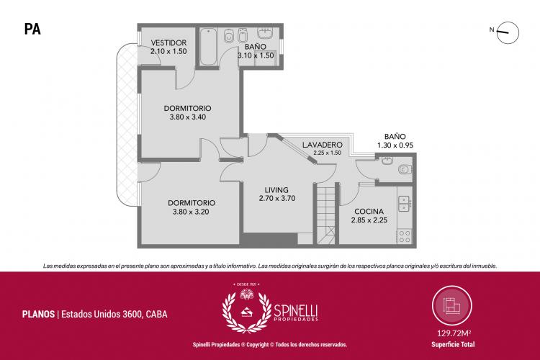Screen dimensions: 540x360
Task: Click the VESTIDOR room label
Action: click(x=168, y=42)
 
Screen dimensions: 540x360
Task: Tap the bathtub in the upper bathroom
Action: click(x=208, y=47)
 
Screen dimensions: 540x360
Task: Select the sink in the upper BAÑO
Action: click(x=265, y=33)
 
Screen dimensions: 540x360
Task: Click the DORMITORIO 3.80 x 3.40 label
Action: click(x=188, y=112)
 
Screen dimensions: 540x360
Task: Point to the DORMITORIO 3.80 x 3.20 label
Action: click(x=192, y=207)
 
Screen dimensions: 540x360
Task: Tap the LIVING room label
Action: click(x=276, y=190)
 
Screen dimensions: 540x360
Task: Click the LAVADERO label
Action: click(x=323, y=145)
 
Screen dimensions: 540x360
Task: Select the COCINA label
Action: click(x=369, y=211)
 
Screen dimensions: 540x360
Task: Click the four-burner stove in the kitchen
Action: click(x=405, y=236)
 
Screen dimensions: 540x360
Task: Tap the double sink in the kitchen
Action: click(x=404, y=203)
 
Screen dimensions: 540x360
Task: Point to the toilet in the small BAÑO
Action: click(x=405, y=169)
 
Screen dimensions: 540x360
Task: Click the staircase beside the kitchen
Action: click(x=325, y=214)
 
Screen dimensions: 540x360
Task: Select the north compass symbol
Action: click(x=508, y=32)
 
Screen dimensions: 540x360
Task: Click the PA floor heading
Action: click(x=32, y=30)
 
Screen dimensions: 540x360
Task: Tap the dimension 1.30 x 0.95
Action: click(x=395, y=145)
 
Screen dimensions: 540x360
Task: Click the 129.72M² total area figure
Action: click(x=454, y=333)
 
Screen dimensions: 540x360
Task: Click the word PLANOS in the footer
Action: click(x=38, y=314)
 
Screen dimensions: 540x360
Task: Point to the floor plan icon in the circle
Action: click(x=452, y=306)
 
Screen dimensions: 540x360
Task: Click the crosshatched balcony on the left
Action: click(x=127, y=124)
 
